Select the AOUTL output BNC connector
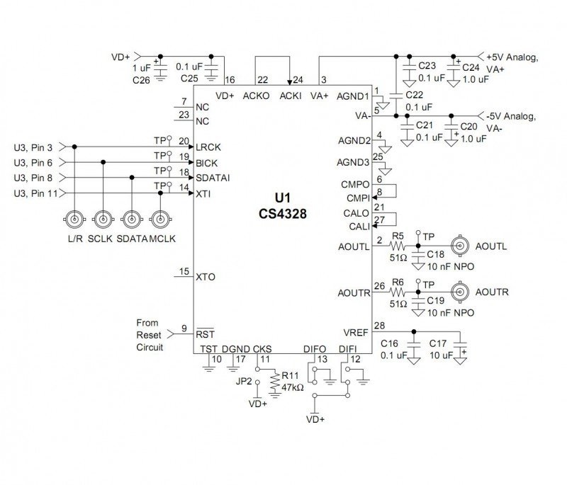point(461,246)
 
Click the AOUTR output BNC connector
point(461,292)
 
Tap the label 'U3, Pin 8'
point(33,178)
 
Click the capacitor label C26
point(142,80)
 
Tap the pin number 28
point(379,325)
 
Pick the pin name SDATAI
point(213,178)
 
